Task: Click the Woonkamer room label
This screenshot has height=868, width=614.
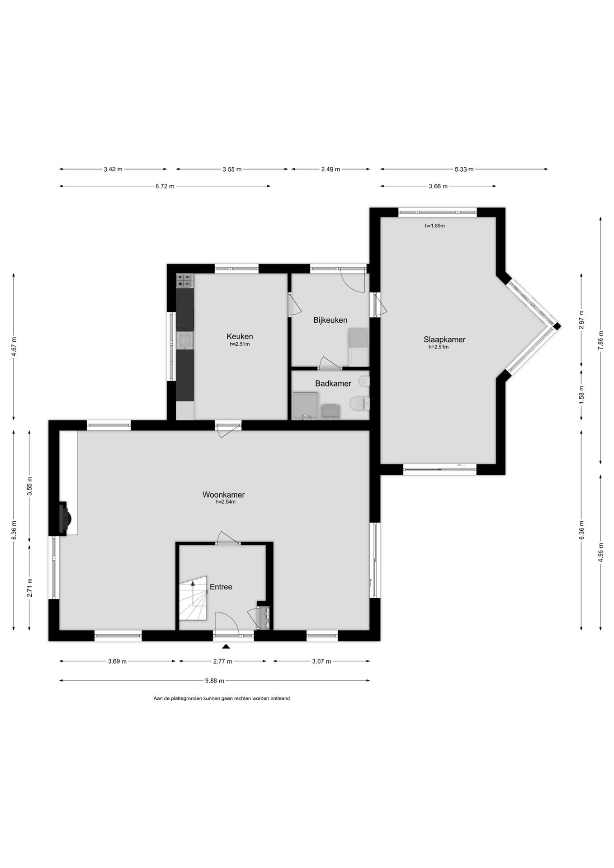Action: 223,495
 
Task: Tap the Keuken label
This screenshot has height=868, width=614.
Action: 240,336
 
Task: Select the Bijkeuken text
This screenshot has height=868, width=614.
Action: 330,320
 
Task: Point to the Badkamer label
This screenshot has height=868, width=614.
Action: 333,383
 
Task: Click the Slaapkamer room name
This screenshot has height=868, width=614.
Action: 444,340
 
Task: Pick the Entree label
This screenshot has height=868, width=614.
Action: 221,587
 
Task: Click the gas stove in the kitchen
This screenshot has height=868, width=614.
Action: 184,281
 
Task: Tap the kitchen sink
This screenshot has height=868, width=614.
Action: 185,340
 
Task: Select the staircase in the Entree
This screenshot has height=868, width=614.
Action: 193,598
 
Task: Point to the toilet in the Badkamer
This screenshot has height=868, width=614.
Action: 360,403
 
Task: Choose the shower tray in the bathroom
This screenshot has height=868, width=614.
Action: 306,406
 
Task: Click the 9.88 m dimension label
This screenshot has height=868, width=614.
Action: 215,680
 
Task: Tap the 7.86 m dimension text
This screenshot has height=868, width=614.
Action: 600,340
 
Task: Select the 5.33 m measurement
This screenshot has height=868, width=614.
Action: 464,169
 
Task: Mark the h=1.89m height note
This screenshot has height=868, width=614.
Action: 435,226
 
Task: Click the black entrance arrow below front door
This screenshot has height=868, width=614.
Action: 226,646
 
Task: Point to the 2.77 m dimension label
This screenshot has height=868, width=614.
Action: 222,661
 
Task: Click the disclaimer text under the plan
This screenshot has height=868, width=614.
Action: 222,698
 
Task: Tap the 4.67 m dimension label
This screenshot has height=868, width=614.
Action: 14,347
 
